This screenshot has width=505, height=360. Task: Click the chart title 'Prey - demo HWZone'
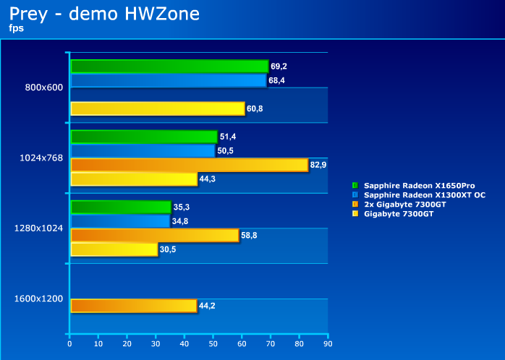pyautogui.click(x=104, y=14)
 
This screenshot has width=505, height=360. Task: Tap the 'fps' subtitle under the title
pyautogui.click(x=17, y=29)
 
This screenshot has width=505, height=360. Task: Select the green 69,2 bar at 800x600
pyautogui.click(x=169, y=67)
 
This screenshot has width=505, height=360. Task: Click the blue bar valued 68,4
pyautogui.click(x=168, y=80)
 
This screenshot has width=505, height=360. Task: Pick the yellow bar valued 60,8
pyautogui.click(x=157, y=108)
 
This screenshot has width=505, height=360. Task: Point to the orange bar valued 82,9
pyautogui.click(x=189, y=165)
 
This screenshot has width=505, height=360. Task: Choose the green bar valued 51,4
pyautogui.click(x=143, y=137)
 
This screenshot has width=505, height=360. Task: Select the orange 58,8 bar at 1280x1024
pyautogui.click(x=154, y=235)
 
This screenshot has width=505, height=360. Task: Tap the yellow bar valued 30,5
pyautogui.click(x=114, y=249)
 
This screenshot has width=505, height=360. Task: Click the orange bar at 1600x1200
pyautogui.click(x=133, y=306)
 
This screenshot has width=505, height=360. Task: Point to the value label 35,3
pyautogui.click(x=182, y=207)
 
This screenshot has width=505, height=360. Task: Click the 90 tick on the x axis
pyautogui.click(x=328, y=344)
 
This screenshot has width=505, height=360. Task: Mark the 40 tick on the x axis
pyautogui.click(x=184, y=344)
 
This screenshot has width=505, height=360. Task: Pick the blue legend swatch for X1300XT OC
pyautogui.click(x=355, y=195)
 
